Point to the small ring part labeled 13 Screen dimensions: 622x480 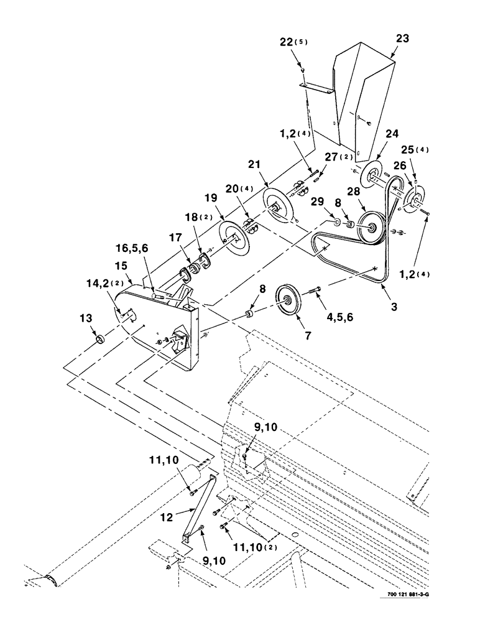[x=98, y=339]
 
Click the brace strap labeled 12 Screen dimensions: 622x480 [x=199, y=507]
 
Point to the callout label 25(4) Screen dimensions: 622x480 [x=419, y=151]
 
